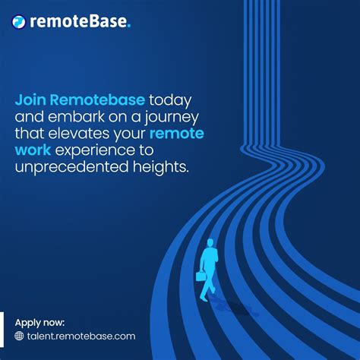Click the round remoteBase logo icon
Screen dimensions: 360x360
[20, 22]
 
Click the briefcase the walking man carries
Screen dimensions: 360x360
[201, 276]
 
